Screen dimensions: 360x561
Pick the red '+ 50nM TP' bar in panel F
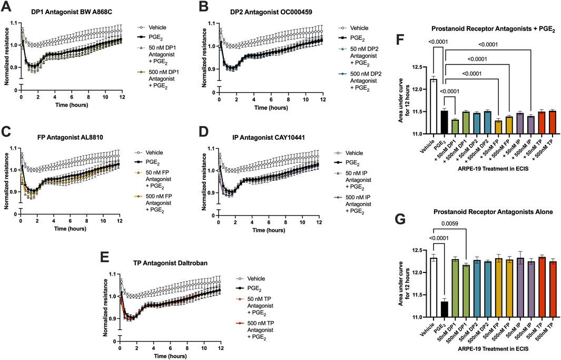click(x=527, y=123)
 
